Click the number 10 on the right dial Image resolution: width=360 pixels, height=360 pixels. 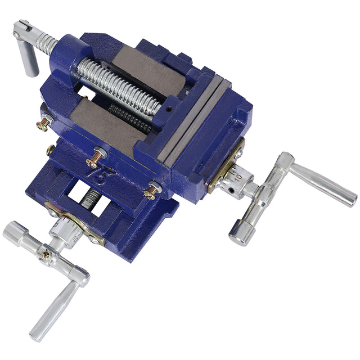point(238,177)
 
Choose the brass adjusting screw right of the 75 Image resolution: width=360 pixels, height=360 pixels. point(151,191)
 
